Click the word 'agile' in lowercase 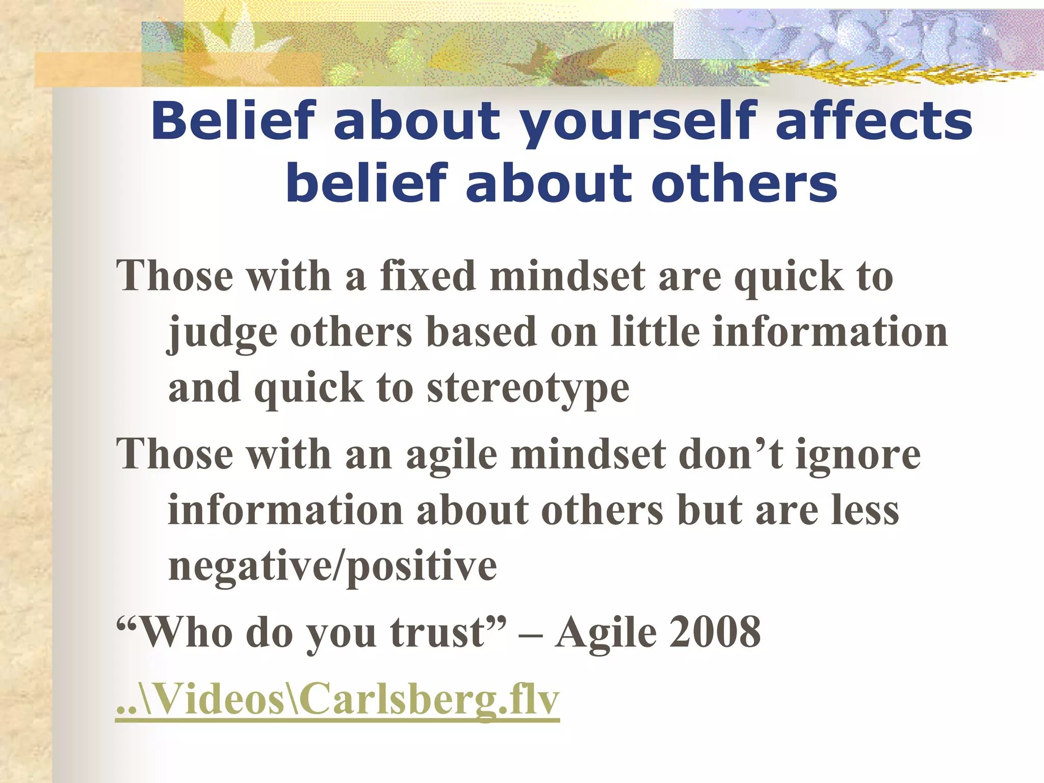(451, 455)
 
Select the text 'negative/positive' (332, 566)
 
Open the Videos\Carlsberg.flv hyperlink (337, 699)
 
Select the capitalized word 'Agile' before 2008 (605, 633)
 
